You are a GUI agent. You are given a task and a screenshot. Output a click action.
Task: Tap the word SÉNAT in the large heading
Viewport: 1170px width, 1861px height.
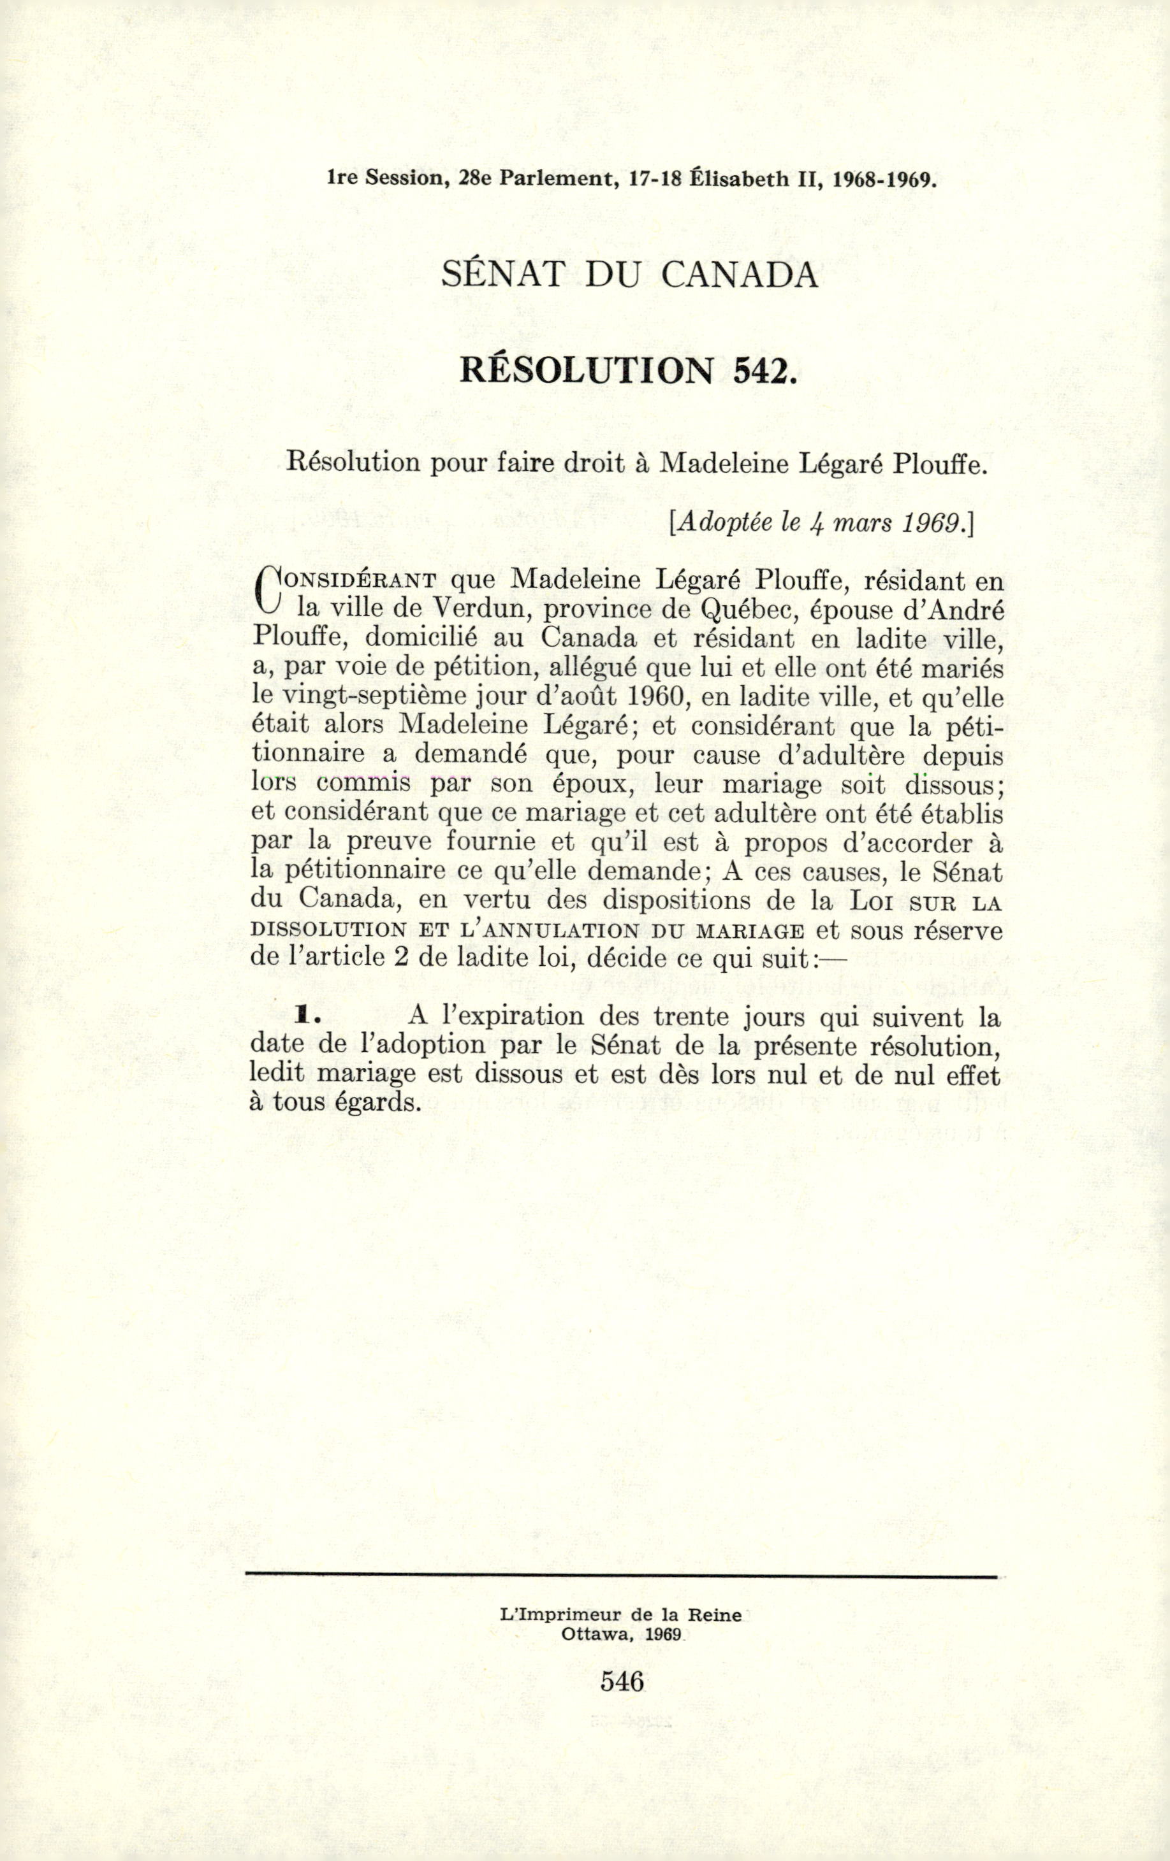[x=501, y=275]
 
